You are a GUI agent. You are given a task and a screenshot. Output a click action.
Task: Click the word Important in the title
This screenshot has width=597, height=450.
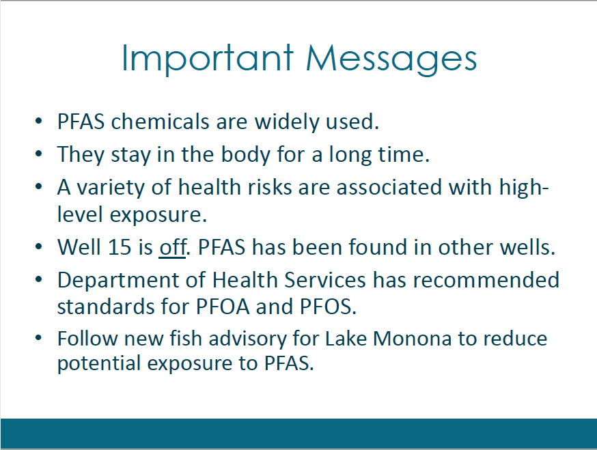coord(208,59)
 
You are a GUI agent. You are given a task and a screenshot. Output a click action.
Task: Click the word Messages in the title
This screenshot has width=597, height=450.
coord(391,59)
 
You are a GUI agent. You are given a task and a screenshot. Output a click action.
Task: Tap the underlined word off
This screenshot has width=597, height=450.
coord(173,247)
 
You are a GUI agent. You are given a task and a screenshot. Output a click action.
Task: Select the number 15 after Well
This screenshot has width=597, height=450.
coord(120,247)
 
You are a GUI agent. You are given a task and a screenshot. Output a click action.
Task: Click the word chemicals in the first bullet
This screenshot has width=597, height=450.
coord(161,122)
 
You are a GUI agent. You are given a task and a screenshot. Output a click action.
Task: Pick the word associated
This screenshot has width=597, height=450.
coord(389,187)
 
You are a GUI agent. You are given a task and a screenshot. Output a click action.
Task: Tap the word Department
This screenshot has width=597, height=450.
coord(118,281)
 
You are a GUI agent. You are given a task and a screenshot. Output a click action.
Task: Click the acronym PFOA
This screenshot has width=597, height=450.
coord(223,307)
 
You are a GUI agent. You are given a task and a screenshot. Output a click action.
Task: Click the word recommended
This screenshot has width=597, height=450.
coord(486,280)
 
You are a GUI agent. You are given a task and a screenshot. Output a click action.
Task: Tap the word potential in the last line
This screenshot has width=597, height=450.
coord(99,363)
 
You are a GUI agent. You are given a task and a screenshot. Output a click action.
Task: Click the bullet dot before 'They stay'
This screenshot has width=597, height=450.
coord(38,154)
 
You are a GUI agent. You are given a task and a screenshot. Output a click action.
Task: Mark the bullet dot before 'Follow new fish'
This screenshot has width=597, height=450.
coord(38,337)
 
